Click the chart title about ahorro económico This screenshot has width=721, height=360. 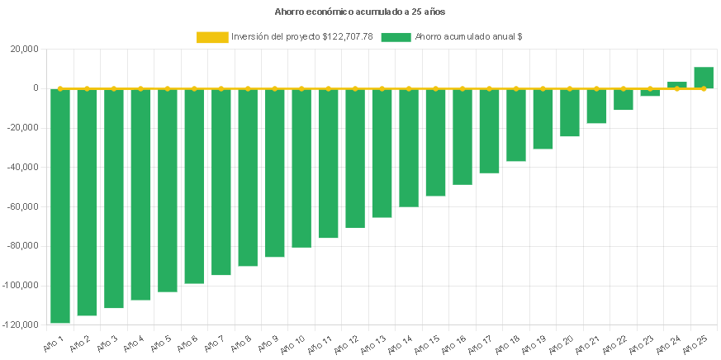point(359,12)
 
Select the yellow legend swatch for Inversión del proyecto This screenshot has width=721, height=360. point(212,37)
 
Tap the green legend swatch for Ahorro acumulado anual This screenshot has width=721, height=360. point(396,37)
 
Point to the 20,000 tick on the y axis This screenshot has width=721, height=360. point(24,49)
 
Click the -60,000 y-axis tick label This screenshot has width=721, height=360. point(22,206)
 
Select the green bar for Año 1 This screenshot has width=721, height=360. point(59,206)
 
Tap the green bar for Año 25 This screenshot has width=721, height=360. point(704,78)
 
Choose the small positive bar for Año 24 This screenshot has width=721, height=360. point(676,85)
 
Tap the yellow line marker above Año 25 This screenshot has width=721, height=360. point(704,88)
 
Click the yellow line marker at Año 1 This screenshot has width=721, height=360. point(59,88)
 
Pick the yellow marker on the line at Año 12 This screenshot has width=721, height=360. point(355,88)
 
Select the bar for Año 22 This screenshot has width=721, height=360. point(624,99)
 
